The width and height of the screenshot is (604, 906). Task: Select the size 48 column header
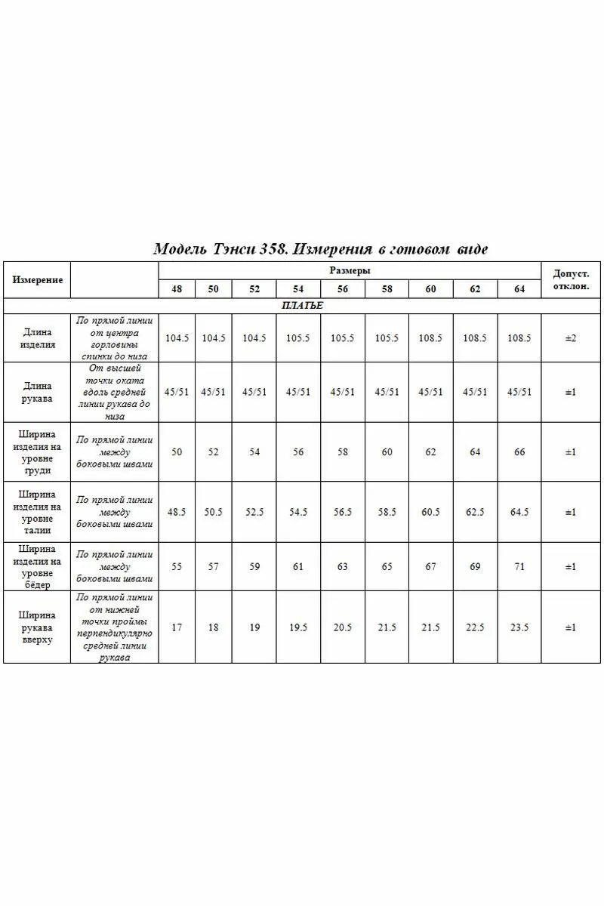tap(177, 289)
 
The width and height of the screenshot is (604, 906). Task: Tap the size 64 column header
tap(519, 289)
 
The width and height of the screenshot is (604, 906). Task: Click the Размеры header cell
tap(350, 270)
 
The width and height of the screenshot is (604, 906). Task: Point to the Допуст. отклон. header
tap(572, 280)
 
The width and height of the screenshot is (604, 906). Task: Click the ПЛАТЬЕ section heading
tap(302, 306)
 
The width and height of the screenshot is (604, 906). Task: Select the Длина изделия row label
tap(37, 338)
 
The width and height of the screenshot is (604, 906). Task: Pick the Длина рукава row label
tap(37, 392)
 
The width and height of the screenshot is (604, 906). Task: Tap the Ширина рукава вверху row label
tap(37, 627)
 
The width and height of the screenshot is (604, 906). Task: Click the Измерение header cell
tap(37, 279)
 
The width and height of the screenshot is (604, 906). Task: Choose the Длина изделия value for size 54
tap(298, 338)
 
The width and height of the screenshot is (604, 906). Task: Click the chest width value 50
tap(177, 451)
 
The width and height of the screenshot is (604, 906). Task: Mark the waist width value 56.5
tap(343, 512)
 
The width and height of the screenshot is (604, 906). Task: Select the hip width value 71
tap(519, 566)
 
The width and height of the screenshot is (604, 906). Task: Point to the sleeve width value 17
tap(177, 627)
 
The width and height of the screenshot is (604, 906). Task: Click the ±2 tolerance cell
tap(572, 338)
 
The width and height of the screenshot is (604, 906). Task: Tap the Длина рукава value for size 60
tap(430, 392)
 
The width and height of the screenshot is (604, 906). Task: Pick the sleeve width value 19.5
tap(298, 627)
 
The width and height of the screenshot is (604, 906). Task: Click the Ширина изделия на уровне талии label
tap(37, 512)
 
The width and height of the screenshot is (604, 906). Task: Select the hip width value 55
tap(177, 566)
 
